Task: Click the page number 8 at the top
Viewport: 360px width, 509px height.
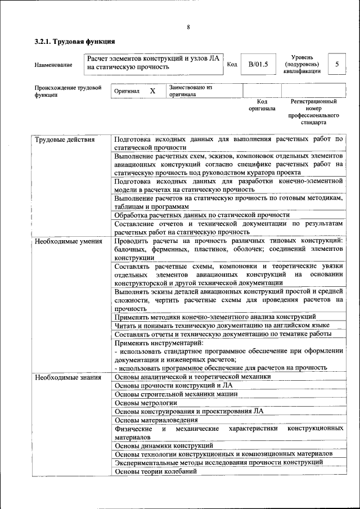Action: click(x=188, y=28)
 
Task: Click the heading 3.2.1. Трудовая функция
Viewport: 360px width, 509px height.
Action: click(x=75, y=42)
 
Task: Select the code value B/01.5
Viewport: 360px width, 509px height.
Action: click(x=258, y=65)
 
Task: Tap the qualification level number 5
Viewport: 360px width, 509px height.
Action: click(x=336, y=64)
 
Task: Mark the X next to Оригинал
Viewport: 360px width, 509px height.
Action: click(x=152, y=91)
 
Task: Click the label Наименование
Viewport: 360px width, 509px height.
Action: click(x=53, y=65)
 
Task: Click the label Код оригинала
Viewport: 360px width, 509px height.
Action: click(x=262, y=105)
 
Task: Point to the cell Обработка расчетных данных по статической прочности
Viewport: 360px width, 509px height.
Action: click(x=202, y=215)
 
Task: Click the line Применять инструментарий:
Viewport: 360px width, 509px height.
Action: click(x=159, y=343)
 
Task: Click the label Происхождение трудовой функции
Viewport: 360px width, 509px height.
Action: click(x=67, y=91)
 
